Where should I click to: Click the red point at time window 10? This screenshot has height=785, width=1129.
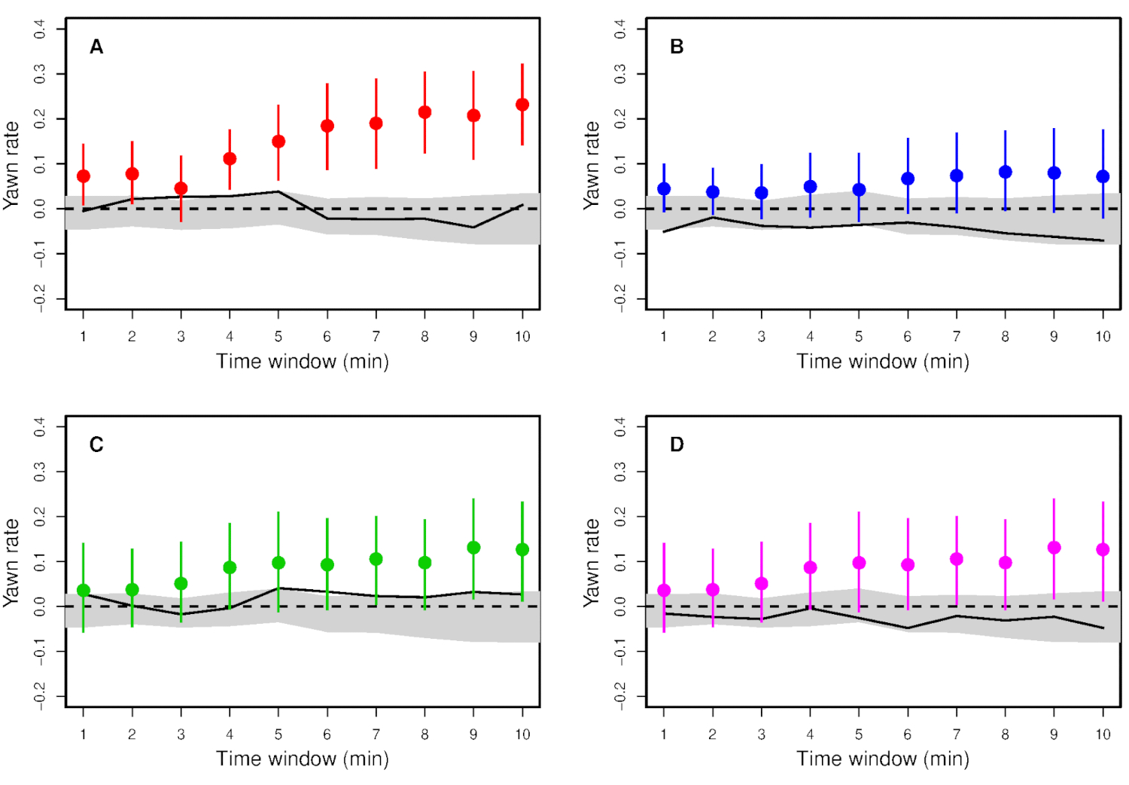(x=522, y=105)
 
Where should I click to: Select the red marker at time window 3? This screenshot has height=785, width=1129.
(x=181, y=188)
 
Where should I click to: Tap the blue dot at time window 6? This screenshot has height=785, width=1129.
(x=908, y=179)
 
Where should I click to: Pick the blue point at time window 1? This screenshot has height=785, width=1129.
(x=664, y=189)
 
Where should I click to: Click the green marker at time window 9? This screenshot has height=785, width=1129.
(x=473, y=548)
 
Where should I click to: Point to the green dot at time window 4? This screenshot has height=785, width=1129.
(x=230, y=567)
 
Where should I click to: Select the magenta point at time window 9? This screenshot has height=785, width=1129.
(x=1054, y=548)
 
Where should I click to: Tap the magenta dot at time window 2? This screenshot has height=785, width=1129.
(x=713, y=590)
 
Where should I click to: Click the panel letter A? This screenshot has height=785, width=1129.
(x=96, y=47)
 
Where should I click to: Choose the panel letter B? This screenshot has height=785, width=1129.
(x=677, y=47)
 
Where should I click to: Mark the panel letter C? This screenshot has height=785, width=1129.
(x=96, y=445)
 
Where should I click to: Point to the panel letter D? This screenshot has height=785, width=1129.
(x=677, y=445)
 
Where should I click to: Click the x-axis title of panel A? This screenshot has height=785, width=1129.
(x=303, y=362)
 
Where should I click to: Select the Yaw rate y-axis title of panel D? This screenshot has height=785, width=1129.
(x=592, y=563)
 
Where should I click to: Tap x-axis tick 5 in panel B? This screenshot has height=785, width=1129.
(x=859, y=337)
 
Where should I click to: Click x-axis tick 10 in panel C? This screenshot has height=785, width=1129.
(x=522, y=735)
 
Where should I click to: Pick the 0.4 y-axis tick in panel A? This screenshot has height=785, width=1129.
(x=40, y=29)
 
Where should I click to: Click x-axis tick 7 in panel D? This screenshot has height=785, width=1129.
(x=957, y=735)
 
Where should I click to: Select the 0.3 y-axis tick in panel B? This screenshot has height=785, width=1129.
(x=620, y=74)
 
